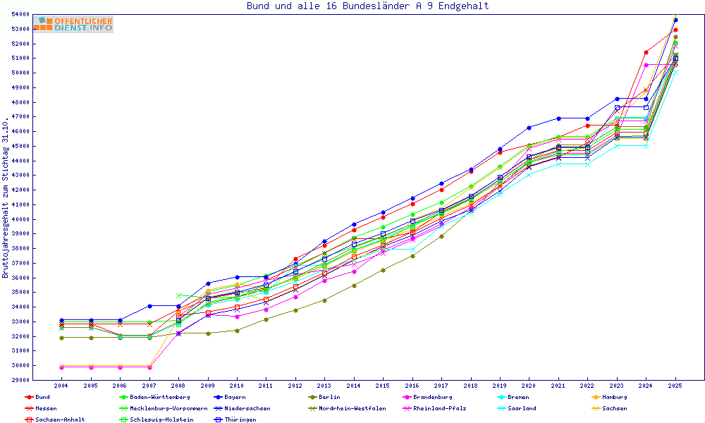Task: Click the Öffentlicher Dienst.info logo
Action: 73,25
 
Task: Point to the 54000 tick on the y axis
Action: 39,14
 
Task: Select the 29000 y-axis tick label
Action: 39,380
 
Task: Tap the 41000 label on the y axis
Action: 39,204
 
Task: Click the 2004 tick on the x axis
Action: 61,386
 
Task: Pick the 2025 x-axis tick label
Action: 675,386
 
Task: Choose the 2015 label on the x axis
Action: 383,386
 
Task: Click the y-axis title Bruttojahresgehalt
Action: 6,197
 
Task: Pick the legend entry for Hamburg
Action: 613,397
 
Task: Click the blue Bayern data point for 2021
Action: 558,118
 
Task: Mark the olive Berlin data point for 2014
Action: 354,286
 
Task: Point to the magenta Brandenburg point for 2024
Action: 646,65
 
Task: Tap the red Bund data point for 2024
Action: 646,52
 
